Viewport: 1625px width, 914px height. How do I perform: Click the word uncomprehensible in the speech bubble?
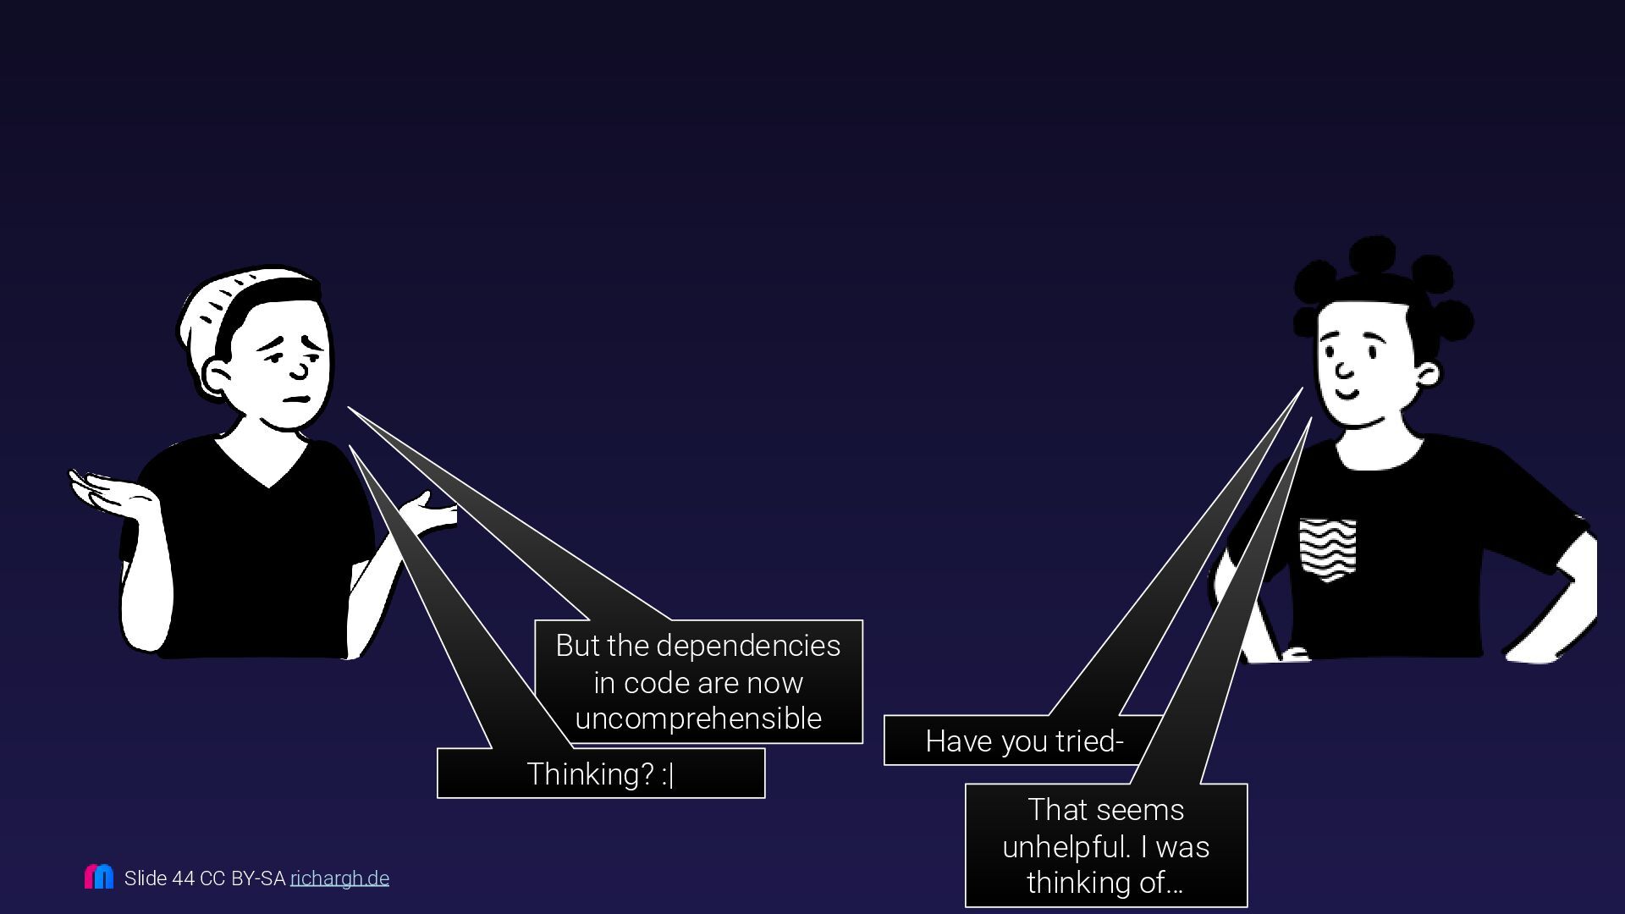tap(698, 719)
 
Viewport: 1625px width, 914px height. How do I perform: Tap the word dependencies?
tap(748, 646)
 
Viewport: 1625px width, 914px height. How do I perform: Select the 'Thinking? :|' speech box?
tap(600, 774)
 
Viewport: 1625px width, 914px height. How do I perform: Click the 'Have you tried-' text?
tap(1024, 741)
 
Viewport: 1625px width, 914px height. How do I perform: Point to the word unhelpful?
tap(1065, 846)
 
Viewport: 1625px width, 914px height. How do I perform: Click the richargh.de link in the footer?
tap(339, 878)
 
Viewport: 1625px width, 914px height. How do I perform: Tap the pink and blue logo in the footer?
tap(99, 877)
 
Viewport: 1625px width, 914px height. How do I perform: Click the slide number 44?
tap(184, 878)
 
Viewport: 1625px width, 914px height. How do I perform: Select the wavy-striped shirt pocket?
tap(1327, 548)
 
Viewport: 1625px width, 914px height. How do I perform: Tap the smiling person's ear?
tap(1427, 374)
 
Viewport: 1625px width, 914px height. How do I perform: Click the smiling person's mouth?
tap(1347, 395)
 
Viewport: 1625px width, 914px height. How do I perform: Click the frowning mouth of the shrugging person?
tap(296, 399)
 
